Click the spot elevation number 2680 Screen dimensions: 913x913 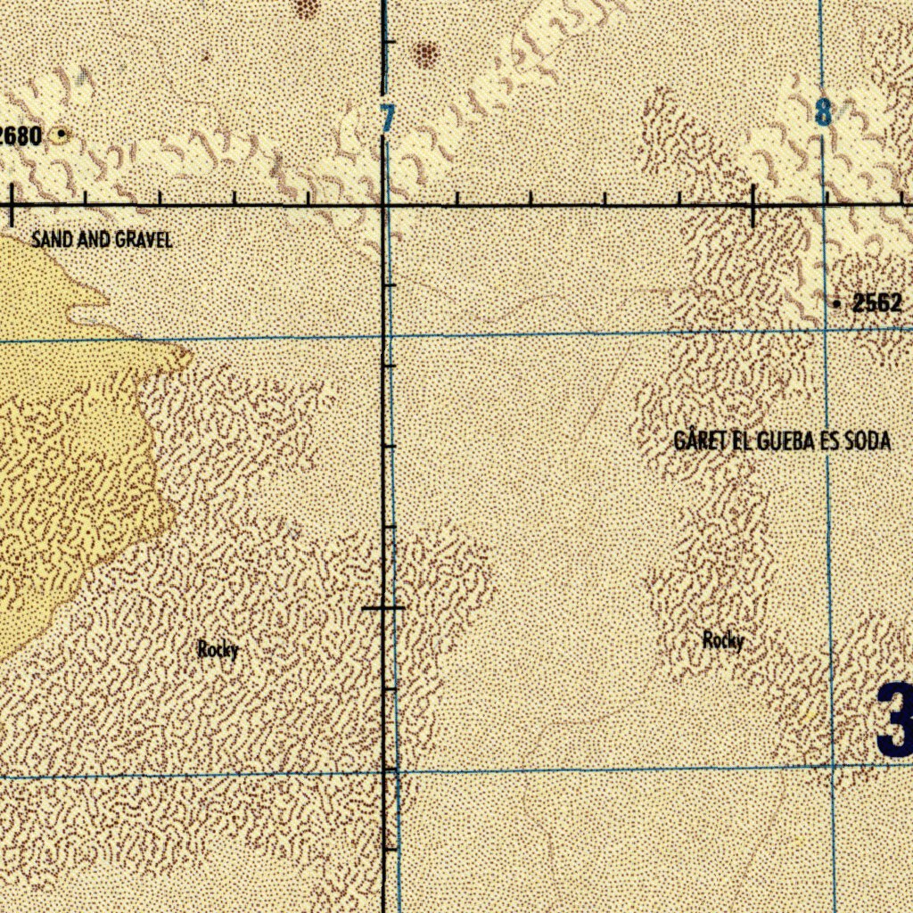[21, 136]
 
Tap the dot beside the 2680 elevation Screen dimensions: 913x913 [61, 135]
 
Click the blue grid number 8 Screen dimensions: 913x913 [822, 113]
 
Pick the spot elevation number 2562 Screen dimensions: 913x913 [877, 304]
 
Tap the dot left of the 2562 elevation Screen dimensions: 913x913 [836, 305]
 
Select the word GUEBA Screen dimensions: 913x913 [786, 441]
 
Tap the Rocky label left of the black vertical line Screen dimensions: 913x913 [218, 650]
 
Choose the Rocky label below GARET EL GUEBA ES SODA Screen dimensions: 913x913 [722, 640]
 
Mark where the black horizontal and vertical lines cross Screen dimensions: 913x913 [383, 206]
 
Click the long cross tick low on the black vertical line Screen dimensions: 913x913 [383, 609]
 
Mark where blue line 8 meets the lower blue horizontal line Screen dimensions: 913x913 [832, 766]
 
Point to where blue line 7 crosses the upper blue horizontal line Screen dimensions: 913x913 [390, 336]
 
